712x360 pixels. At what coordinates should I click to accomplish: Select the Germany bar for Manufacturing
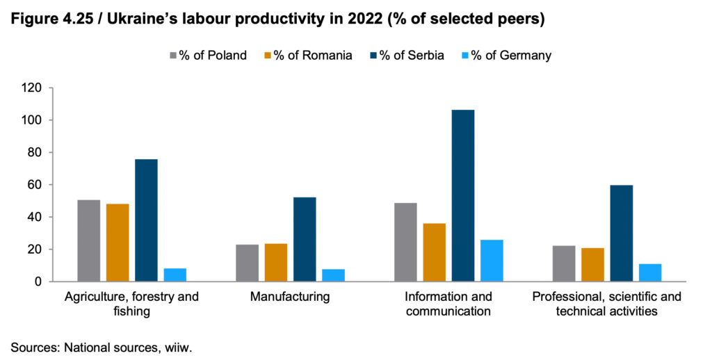(x=333, y=275)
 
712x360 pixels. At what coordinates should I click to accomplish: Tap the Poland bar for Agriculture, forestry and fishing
(x=89, y=240)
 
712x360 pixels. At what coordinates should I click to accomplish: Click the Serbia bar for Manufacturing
(x=305, y=239)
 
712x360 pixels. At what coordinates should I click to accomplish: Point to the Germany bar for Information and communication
(x=492, y=261)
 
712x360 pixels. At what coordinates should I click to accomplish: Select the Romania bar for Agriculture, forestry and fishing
(x=118, y=243)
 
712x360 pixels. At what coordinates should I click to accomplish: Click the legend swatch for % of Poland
(x=173, y=55)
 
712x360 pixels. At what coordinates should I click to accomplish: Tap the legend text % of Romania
(x=312, y=55)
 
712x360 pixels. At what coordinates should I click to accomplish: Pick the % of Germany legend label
(x=511, y=55)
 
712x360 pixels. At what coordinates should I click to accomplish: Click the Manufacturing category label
(x=290, y=297)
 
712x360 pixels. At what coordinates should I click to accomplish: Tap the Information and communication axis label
(x=448, y=304)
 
